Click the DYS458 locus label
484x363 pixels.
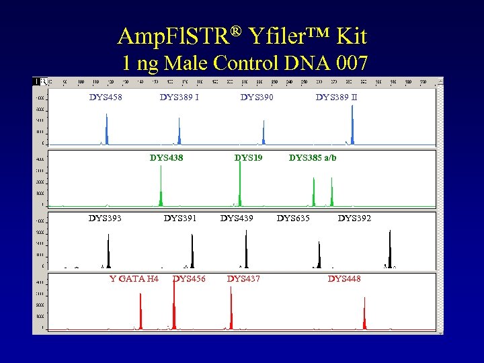(x=106, y=97)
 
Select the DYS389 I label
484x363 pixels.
(x=179, y=97)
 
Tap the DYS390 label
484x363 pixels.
(x=257, y=97)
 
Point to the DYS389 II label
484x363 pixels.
(x=336, y=97)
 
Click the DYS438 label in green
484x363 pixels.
(x=166, y=158)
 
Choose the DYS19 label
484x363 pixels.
(x=248, y=158)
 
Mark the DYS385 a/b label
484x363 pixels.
(x=313, y=158)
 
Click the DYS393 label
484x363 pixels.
(x=106, y=218)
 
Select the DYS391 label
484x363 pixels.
(x=180, y=218)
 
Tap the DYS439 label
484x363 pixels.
(x=237, y=218)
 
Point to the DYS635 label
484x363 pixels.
(x=294, y=218)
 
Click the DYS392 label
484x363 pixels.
(x=354, y=218)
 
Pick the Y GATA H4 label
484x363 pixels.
(x=134, y=278)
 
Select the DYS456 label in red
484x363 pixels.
(x=190, y=278)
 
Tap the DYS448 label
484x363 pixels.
(x=344, y=278)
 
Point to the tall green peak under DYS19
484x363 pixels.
(x=240, y=182)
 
